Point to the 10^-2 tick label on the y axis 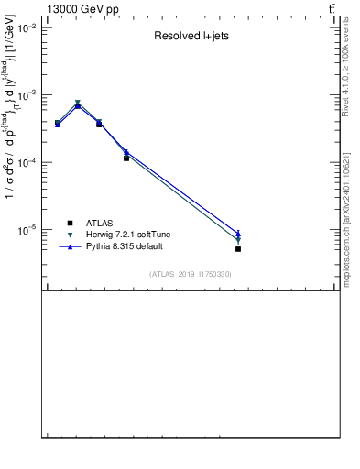pyautogui.click(x=26, y=28)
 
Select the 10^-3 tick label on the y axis pyautogui.click(x=26, y=95)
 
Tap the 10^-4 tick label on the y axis pyautogui.click(x=26, y=162)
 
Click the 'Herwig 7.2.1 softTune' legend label pyautogui.click(x=122, y=235)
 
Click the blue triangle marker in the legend pyautogui.click(x=70, y=247)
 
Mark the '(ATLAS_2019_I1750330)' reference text pyautogui.click(x=191, y=274)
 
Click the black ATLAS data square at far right pyautogui.click(x=238, y=248)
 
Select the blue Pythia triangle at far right pyautogui.click(x=238, y=234)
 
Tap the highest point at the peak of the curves pyautogui.click(x=78, y=104)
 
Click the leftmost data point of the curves pyautogui.click(x=58, y=123)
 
